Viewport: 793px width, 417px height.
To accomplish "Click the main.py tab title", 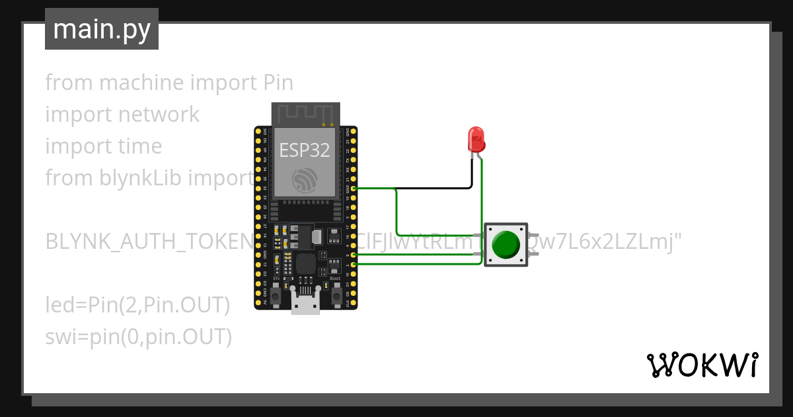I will point(102,29).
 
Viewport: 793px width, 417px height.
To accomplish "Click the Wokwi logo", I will point(702,365).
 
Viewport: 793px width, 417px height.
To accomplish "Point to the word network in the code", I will point(158,115).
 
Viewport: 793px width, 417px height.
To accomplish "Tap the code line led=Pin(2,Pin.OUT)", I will point(137,305).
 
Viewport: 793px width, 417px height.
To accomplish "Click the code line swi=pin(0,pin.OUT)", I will point(139,337).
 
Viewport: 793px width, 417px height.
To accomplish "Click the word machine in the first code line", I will point(142,83).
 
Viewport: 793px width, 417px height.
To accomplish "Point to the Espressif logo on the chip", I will point(305,180).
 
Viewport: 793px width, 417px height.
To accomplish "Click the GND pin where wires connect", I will point(354,189).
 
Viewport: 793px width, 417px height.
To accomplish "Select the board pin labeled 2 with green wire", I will point(354,264).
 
